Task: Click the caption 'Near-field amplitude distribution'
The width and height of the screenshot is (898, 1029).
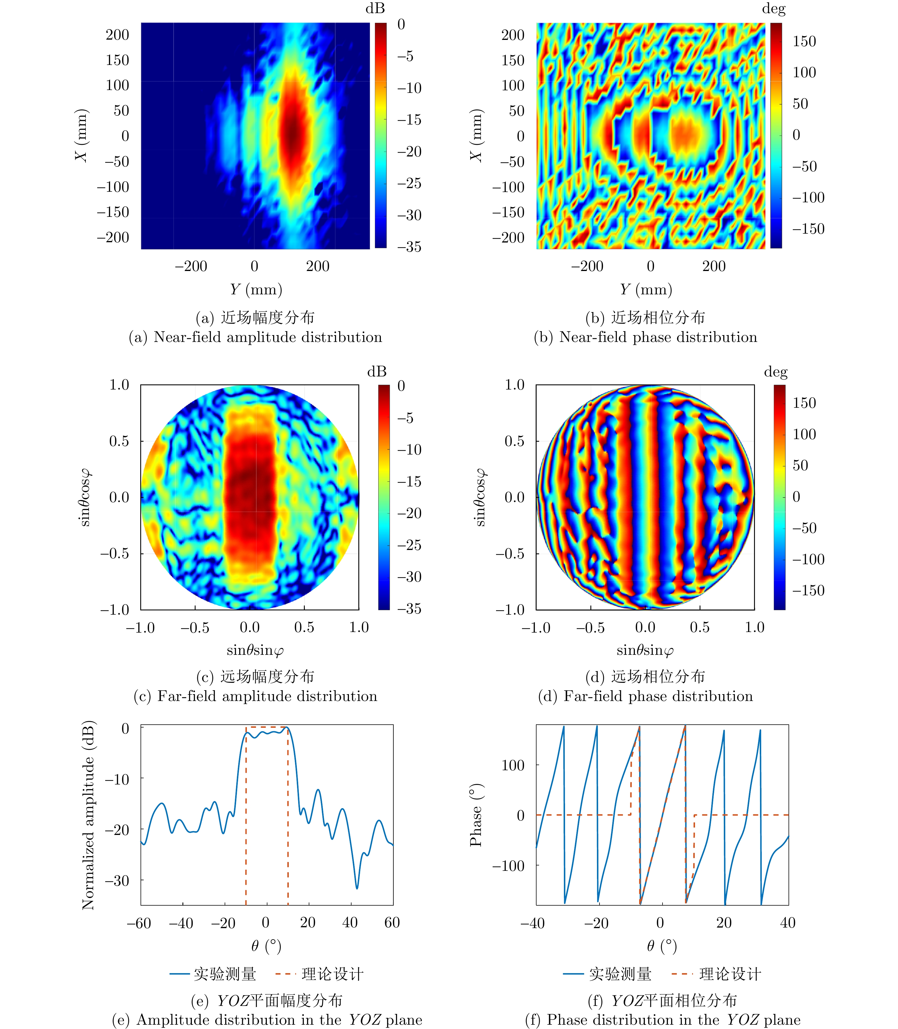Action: (x=255, y=337)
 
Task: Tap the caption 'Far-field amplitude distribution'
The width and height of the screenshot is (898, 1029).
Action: (x=255, y=696)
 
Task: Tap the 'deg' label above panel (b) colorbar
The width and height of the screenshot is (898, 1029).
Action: (x=773, y=9)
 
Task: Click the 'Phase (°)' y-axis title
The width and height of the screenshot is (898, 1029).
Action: (x=476, y=815)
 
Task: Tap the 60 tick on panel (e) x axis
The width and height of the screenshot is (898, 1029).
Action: (x=392, y=923)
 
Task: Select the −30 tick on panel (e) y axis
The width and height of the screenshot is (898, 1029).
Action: (x=117, y=881)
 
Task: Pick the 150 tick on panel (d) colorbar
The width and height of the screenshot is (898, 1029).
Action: (x=804, y=403)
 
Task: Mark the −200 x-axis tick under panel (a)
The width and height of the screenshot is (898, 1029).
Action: (x=191, y=266)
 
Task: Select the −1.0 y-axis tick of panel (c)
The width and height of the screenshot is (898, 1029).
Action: (x=115, y=610)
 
